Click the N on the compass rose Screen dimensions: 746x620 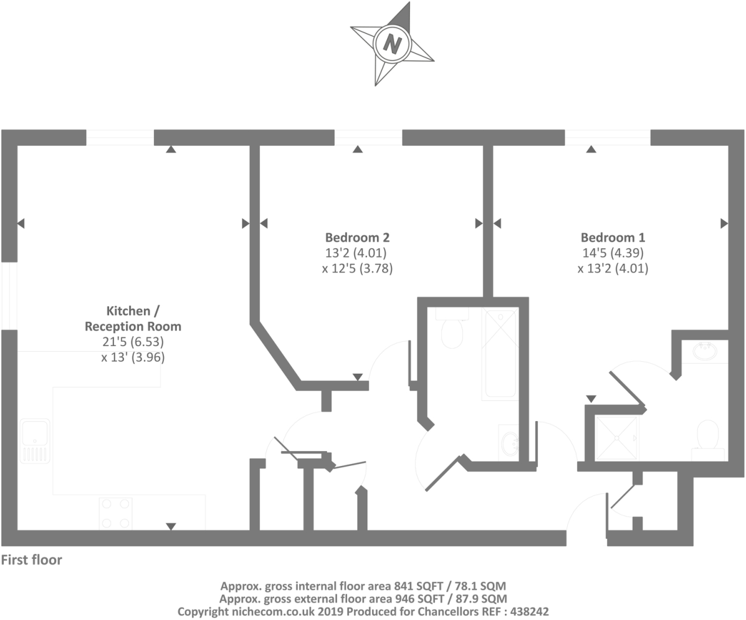click(392, 43)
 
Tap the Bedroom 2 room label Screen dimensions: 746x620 click(357, 238)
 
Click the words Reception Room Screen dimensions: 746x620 click(133, 326)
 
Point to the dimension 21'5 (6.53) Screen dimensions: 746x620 click(133, 342)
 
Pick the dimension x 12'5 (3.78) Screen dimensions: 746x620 click(358, 269)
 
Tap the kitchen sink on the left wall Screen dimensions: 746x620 click(35, 440)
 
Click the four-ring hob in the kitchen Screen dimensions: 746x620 click(116, 513)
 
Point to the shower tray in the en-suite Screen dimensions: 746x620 click(617, 438)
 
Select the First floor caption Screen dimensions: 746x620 click(32, 560)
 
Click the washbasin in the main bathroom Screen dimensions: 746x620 click(509, 443)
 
